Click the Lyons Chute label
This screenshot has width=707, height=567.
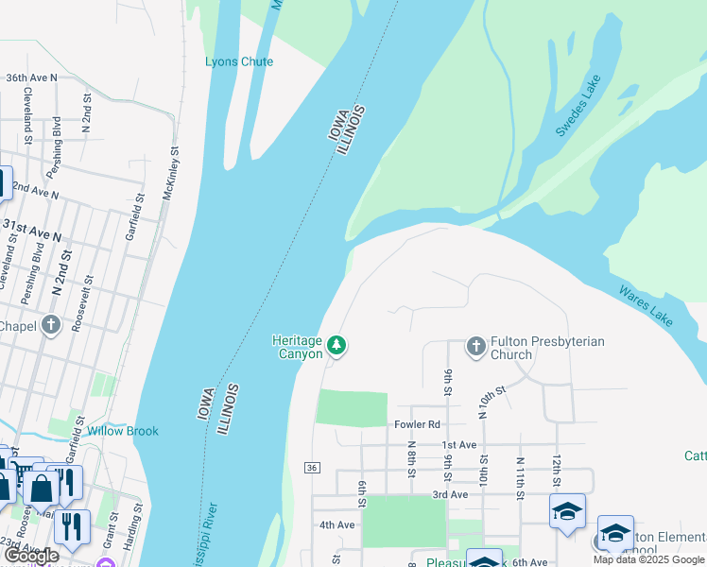click(x=239, y=62)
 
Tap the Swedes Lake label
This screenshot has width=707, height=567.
click(x=578, y=112)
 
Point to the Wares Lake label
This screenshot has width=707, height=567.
click(x=647, y=305)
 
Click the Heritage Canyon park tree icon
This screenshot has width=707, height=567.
click(x=336, y=346)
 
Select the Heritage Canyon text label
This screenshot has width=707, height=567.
click(x=298, y=347)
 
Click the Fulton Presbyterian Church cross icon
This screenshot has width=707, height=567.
click(x=475, y=347)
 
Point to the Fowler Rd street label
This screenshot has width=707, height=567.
click(x=419, y=424)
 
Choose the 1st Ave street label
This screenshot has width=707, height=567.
click(x=458, y=444)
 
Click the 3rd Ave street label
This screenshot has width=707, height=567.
click(x=451, y=494)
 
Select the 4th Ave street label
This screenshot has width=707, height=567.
click(x=336, y=524)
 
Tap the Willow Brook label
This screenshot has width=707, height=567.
click(x=123, y=431)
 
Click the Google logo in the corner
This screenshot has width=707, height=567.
click(x=32, y=556)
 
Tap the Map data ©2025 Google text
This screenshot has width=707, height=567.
click(x=648, y=559)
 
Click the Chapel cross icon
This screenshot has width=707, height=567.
click(x=51, y=325)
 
